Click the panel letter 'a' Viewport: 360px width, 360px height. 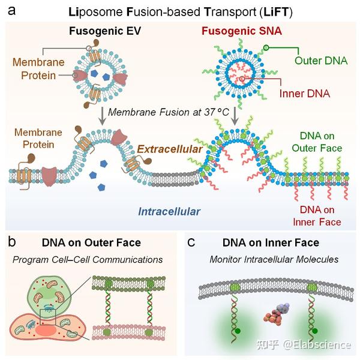12,11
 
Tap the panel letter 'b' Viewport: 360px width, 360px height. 12,242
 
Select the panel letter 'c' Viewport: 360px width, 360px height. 191,243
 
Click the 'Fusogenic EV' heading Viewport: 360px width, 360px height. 105,31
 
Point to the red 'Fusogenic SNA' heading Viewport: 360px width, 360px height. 242,31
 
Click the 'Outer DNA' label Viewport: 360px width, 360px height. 321,61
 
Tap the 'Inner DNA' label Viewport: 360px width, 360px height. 305,94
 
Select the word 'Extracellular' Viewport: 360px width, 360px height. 170,149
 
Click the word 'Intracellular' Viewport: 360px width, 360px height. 169,211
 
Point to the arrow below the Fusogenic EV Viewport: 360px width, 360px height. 102,116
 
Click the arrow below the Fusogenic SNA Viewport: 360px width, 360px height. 235,116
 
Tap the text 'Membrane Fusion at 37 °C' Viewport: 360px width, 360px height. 169,112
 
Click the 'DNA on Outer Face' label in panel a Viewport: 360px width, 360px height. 317,142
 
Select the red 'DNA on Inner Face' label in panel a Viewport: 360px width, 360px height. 317,216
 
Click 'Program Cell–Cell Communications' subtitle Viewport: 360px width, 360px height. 88,260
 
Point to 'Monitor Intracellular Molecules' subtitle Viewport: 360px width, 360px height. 274,259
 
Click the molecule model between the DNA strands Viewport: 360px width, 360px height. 276,314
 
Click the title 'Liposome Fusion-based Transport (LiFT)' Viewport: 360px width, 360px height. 181,12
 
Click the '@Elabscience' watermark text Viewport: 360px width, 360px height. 317,344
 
